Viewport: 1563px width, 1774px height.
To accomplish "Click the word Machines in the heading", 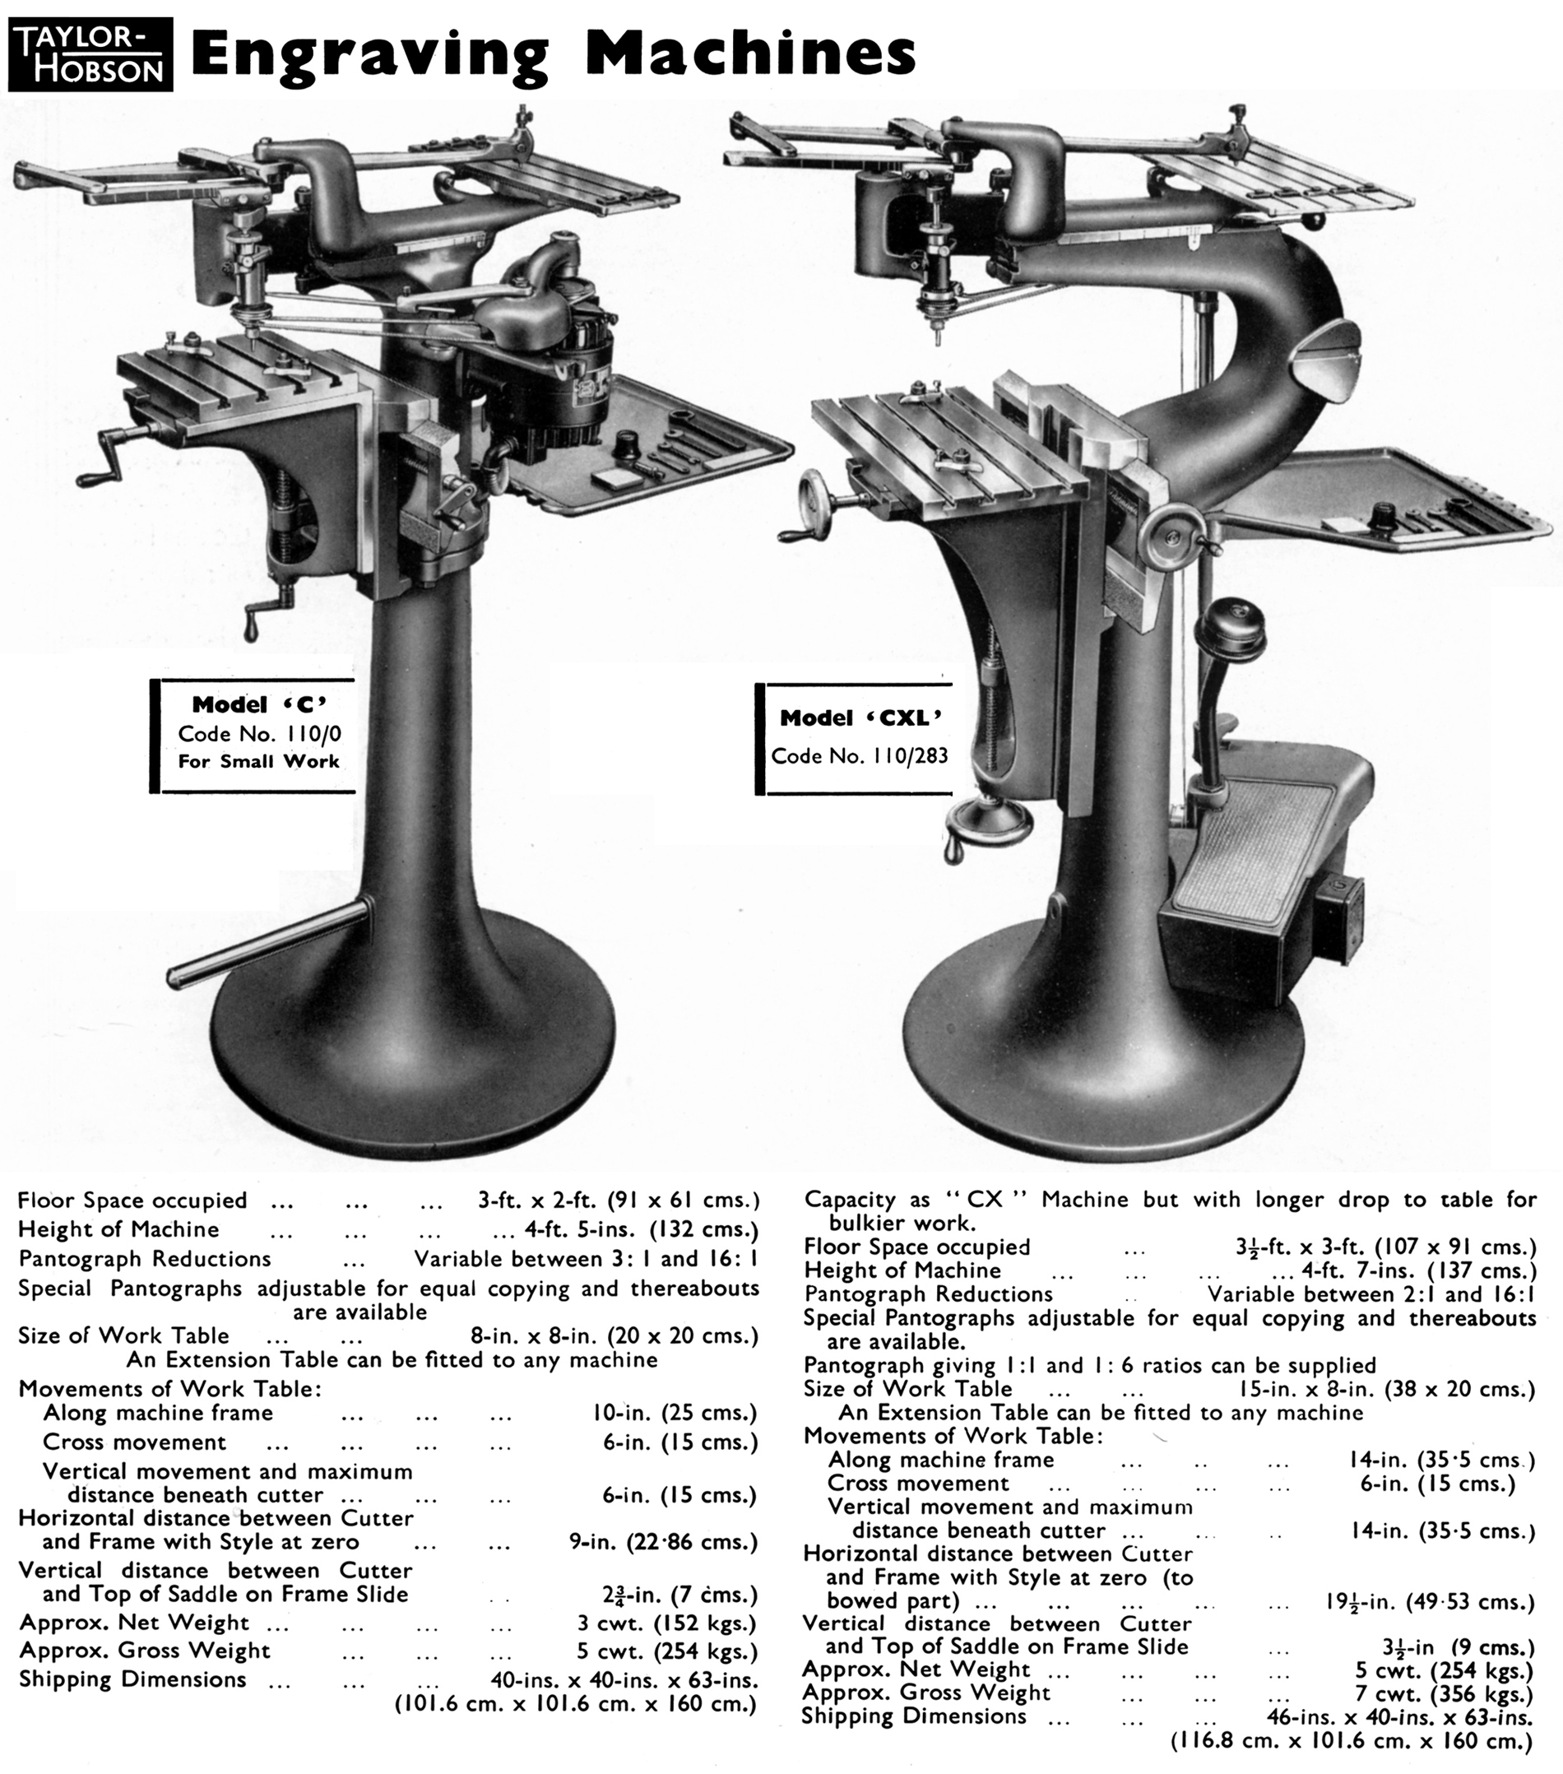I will point(751,53).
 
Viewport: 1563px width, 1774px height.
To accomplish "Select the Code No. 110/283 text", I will point(859,756).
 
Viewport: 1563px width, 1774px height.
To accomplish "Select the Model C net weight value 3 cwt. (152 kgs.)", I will point(666,1623).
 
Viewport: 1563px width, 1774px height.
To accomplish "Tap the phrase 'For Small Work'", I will point(258,761).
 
